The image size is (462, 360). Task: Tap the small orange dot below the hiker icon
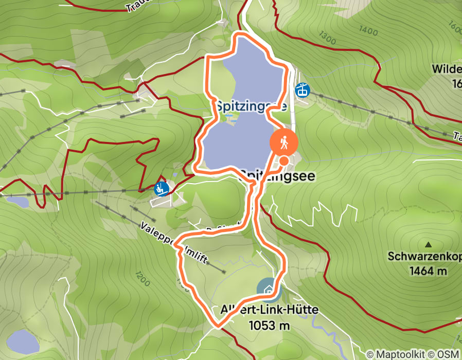pos(283,161)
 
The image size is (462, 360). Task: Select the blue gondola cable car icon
pos(303,89)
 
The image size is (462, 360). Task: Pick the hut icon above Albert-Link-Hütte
pos(268,290)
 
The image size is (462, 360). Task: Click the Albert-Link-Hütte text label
pos(269,311)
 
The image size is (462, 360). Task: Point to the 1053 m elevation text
pos(269,325)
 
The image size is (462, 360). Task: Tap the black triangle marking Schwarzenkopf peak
pos(428,244)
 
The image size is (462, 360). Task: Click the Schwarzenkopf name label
pos(425,257)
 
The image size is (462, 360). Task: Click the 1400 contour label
pos(369,31)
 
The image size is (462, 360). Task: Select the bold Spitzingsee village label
pos(275,175)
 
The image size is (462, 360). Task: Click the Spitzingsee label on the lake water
pos(251,105)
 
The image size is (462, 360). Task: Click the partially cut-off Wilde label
pos(446,69)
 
